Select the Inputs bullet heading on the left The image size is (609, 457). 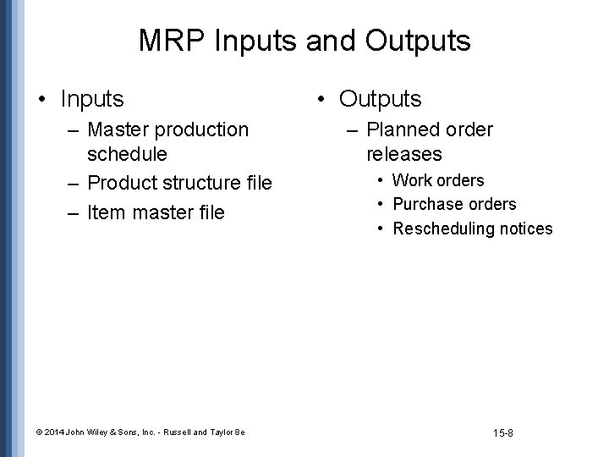tap(92, 99)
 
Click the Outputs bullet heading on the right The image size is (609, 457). tap(380, 99)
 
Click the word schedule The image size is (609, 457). tap(127, 154)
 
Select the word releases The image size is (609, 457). tap(404, 154)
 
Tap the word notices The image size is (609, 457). tap(525, 228)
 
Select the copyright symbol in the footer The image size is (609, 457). tap(40, 433)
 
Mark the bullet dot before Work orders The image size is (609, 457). tap(381, 180)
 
